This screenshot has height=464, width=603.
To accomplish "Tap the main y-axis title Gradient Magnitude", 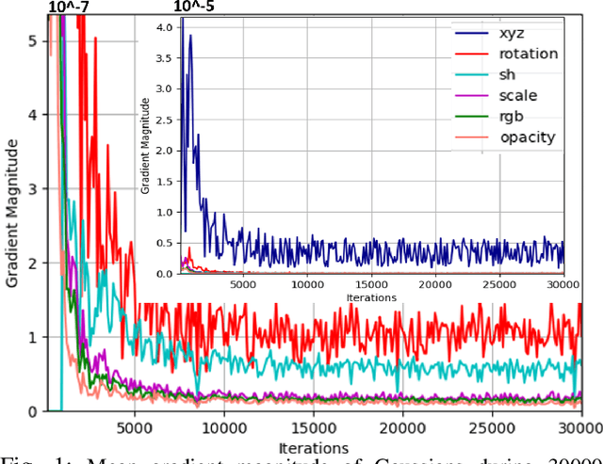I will [x=11, y=211].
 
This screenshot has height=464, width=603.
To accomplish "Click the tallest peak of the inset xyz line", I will [x=190, y=36].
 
